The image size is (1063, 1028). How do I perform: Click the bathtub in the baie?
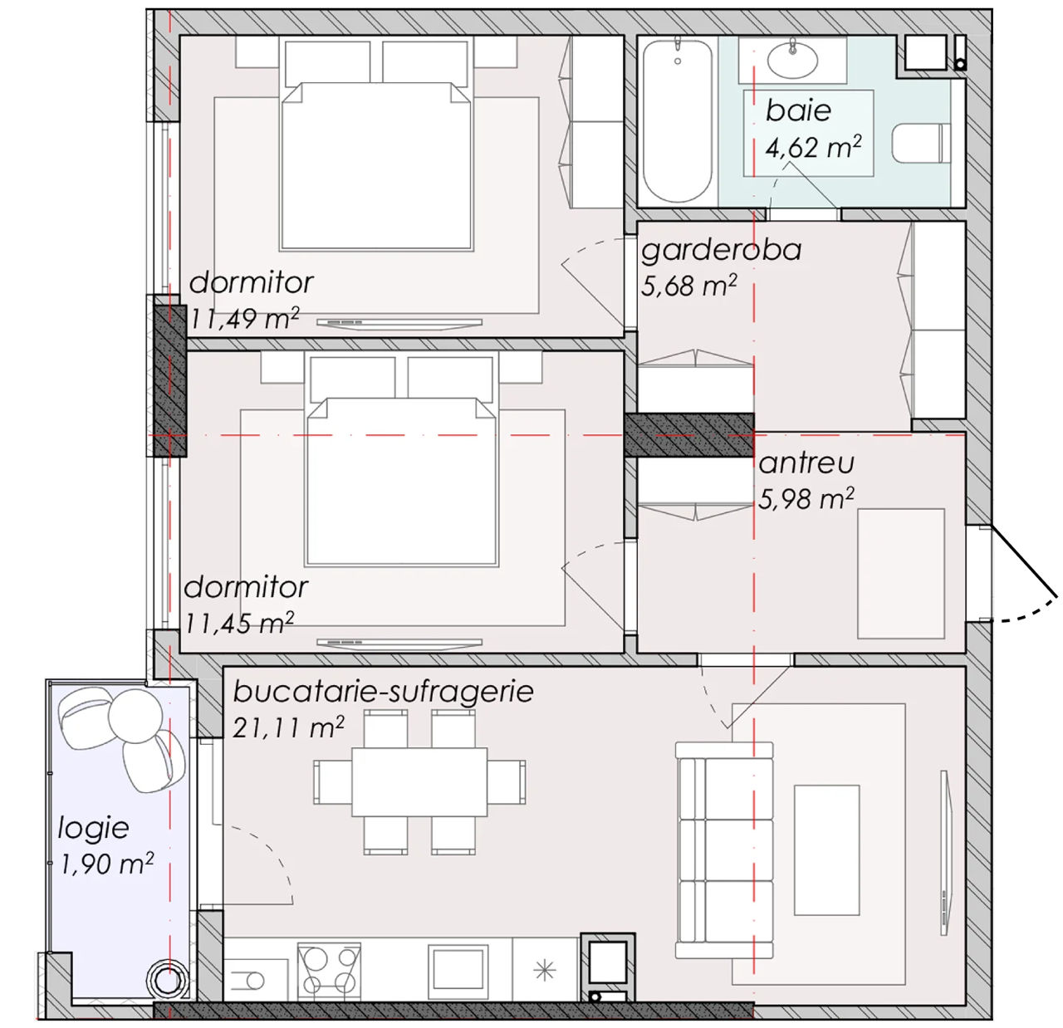pos(678,121)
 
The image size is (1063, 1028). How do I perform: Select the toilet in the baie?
pos(921,143)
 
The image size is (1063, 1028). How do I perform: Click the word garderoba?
pos(721,250)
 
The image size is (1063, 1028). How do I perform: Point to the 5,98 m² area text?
pos(806,498)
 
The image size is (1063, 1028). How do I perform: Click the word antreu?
pos(806,463)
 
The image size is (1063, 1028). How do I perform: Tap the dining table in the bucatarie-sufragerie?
pos(419,781)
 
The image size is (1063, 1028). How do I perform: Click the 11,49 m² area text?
pos(244,318)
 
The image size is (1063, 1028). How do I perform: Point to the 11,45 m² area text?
pos(239,622)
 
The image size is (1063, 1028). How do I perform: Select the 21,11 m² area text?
pos(288,727)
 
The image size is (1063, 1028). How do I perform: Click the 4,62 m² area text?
pos(813,147)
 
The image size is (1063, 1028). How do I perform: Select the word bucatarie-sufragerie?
pos(383,692)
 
